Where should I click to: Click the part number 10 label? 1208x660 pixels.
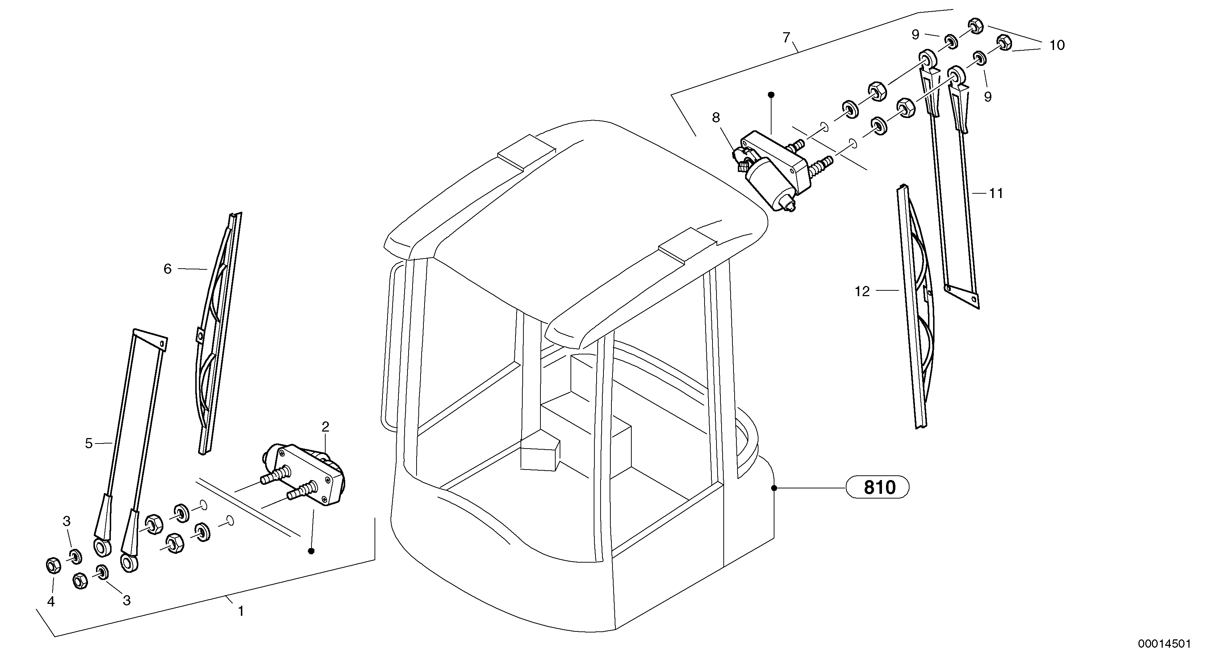pyautogui.click(x=1057, y=46)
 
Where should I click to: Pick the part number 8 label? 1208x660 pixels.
pyautogui.click(x=716, y=118)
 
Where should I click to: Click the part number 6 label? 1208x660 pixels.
pyautogui.click(x=167, y=269)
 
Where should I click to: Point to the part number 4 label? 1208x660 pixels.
pyautogui.click(x=51, y=601)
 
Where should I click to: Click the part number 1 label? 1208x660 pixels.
pyautogui.click(x=241, y=611)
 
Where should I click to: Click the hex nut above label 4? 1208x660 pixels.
pyautogui.click(x=53, y=566)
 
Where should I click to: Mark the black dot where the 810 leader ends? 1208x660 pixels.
pyautogui.click(x=774, y=488)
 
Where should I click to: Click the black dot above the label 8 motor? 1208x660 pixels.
pyautogui.click(x=770, y=95)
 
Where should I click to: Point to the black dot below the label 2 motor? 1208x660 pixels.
pyautogui.click(x=311, y=551)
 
